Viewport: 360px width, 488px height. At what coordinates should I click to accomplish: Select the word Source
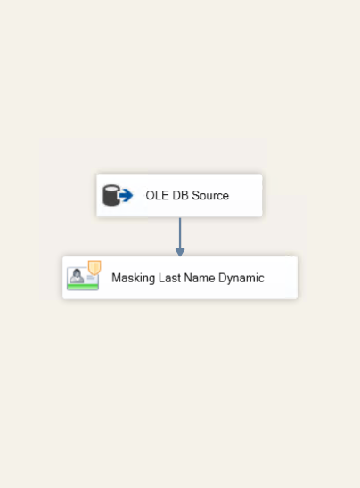(210, 195)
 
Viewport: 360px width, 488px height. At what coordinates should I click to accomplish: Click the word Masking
(134, 278)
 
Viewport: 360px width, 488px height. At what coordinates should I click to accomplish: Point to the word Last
(169, 278)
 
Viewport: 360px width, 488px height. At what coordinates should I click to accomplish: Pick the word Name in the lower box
(200, 278)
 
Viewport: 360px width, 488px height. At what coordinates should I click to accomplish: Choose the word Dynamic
(241, 278)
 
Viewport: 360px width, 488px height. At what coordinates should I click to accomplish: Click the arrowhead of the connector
(180, 252)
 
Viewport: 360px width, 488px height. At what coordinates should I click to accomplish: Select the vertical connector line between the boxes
(180, 233)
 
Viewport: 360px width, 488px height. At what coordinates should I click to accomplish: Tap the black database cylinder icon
(111, 195)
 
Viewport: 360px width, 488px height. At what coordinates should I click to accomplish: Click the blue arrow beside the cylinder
(127, 195)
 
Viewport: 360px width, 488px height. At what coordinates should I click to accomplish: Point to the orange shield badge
(94, 268)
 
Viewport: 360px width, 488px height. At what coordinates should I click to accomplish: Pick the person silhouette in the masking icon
(77, 276)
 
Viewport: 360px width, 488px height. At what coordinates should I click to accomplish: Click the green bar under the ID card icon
(83, 287)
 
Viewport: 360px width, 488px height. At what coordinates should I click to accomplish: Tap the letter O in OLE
(150, 195)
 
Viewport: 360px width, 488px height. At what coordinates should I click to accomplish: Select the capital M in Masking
(116, 278)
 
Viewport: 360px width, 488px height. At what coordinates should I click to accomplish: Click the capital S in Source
(195, 195)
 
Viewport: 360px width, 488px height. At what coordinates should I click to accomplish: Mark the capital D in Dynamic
(222, 278)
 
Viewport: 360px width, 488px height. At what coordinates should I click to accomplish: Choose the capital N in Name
(187, 278)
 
